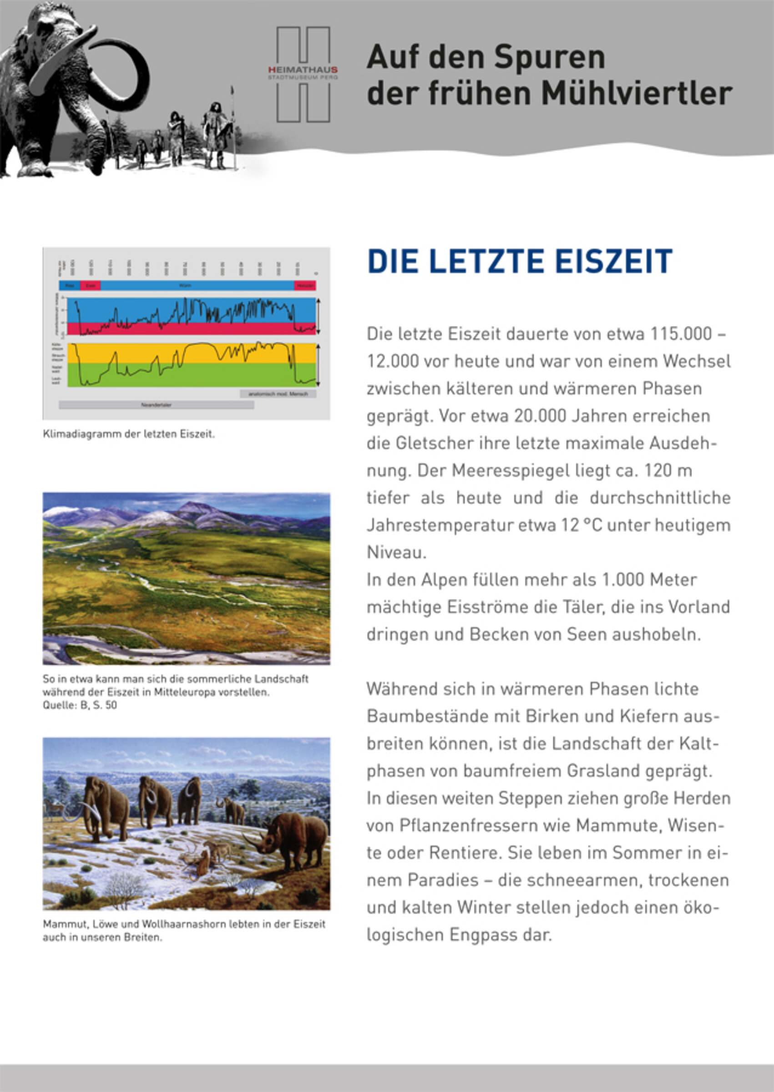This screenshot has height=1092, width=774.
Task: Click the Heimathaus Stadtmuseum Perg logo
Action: [x=303, y=74]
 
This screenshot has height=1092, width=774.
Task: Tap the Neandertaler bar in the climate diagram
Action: [x=157, y=405]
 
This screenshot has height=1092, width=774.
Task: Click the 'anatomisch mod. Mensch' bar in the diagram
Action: [x=278, y=394]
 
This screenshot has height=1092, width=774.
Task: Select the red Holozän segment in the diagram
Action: [x=305, y=285]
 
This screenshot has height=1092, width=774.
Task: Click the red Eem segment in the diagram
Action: [x=90, y=285]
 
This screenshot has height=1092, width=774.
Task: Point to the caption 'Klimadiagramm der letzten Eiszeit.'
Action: [x=129, y=434]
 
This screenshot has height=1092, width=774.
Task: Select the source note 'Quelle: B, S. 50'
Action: [x=80, y=705]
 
